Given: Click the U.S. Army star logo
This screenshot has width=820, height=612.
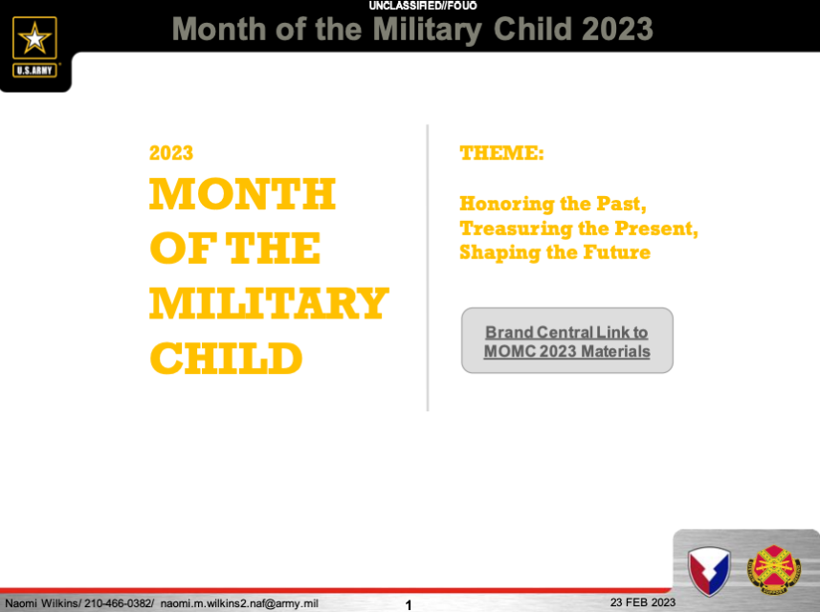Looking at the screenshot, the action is (34, 47).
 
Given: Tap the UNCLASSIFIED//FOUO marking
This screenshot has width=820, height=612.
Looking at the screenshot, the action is (423, 6).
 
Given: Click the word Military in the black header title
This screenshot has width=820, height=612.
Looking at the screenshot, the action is (428, 30).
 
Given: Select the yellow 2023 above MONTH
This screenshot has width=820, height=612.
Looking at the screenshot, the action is (171, 153).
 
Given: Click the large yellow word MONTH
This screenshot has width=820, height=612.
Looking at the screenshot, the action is (242, 193).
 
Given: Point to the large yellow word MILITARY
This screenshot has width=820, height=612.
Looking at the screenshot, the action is (269, 303).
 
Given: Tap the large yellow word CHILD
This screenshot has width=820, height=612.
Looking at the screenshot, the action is (226, 359).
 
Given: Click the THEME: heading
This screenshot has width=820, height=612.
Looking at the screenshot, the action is (501, 153).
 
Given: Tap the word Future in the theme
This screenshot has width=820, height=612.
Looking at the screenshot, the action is (616, 251).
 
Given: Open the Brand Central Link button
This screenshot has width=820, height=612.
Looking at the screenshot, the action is (566, 340).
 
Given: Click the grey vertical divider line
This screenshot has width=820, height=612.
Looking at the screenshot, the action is (428, 268).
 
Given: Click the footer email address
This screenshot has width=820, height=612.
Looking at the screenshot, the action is (239, 603).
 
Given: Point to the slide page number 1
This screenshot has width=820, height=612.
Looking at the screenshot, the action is (409, 605).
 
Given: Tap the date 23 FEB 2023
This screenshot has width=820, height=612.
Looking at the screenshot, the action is (643, 602).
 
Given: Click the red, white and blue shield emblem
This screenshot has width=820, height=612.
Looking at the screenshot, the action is (709, 571).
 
